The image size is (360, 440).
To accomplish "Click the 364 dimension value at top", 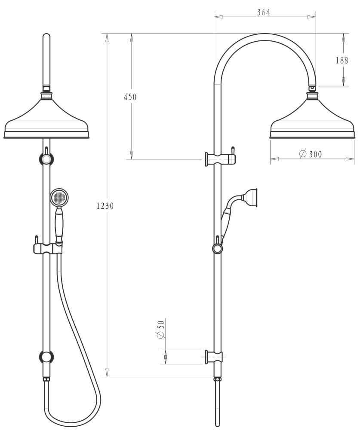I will click(x=263, y=12).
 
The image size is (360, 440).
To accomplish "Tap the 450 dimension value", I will click(x=130, y=97).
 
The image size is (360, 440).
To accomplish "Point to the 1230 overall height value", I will click(x=105, y=205).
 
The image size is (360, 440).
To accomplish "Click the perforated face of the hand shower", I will click(x=58, y=198).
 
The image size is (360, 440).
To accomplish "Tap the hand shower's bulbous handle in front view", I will click(x=59, y=225).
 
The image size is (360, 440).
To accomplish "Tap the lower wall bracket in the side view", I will click(x=214, y=357).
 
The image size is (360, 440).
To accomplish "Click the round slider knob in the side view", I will click(x=218, y=249).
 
